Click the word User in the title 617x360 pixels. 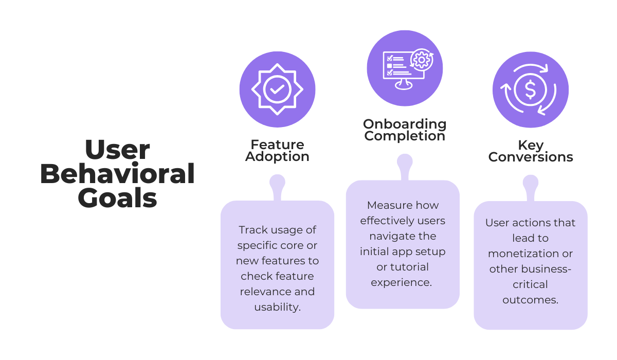point(117,150)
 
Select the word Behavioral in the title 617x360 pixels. point(117,174)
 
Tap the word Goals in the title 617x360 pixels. point(117,197)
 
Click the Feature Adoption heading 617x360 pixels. point(277,151)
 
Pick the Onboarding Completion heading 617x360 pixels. point(405,130)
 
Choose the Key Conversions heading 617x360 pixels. point(531,151)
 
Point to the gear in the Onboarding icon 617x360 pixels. point(422,60)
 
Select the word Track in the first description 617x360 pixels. point(253,230)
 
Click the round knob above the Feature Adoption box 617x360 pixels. point(277,182)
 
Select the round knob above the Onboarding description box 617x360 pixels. point(405,161)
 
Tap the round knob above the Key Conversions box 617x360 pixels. point(531,182)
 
